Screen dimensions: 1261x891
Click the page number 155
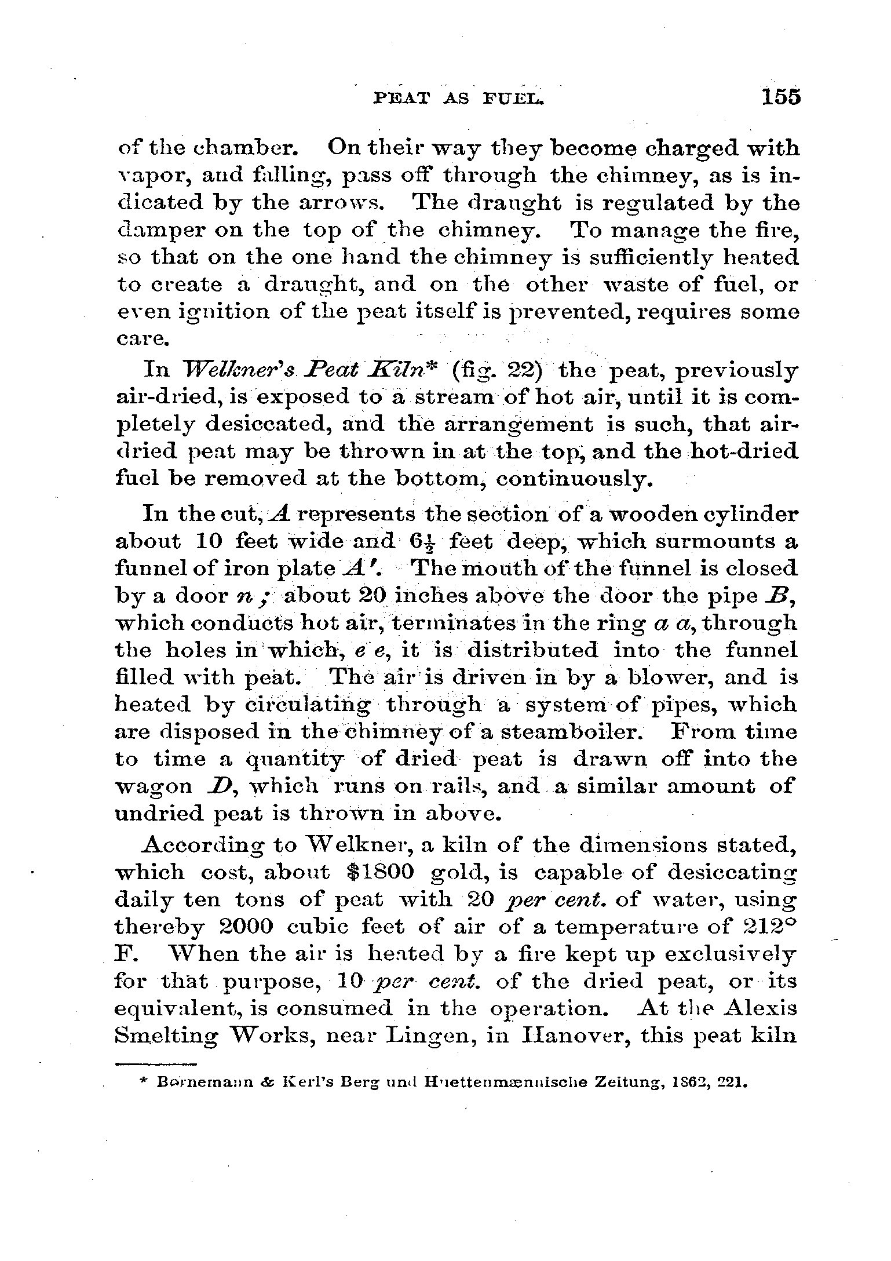click(x=781, y=96)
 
